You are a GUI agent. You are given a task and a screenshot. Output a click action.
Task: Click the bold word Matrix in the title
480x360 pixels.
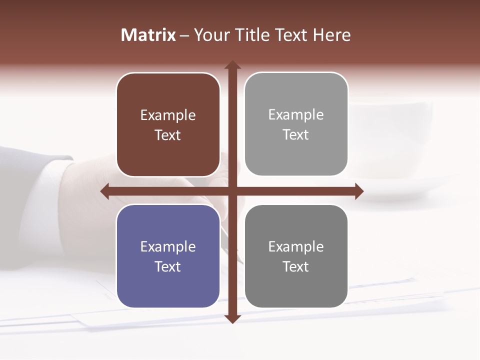pyautogui.click(x=148, y=35)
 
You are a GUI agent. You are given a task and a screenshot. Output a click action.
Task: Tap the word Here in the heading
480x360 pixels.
pyautogui.click(x=331, y=35)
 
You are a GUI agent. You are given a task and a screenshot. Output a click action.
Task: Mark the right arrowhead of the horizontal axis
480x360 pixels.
pyautogui.click(x=359, y=191)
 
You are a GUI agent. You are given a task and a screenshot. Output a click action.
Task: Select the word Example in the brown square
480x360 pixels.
pyautogui.click(x=168, y=115)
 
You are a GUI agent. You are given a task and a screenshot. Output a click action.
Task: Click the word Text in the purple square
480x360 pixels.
pyautogui.click(x=168, y=266)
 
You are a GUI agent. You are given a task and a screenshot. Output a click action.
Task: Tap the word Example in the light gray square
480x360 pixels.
pyautogui.click(x=296, y=115)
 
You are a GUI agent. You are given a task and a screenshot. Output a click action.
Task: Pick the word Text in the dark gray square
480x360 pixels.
pyautogui.click(x=296, y=266)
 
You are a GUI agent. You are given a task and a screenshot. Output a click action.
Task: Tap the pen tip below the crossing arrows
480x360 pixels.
pyautogui.click(x=241, y=260)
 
